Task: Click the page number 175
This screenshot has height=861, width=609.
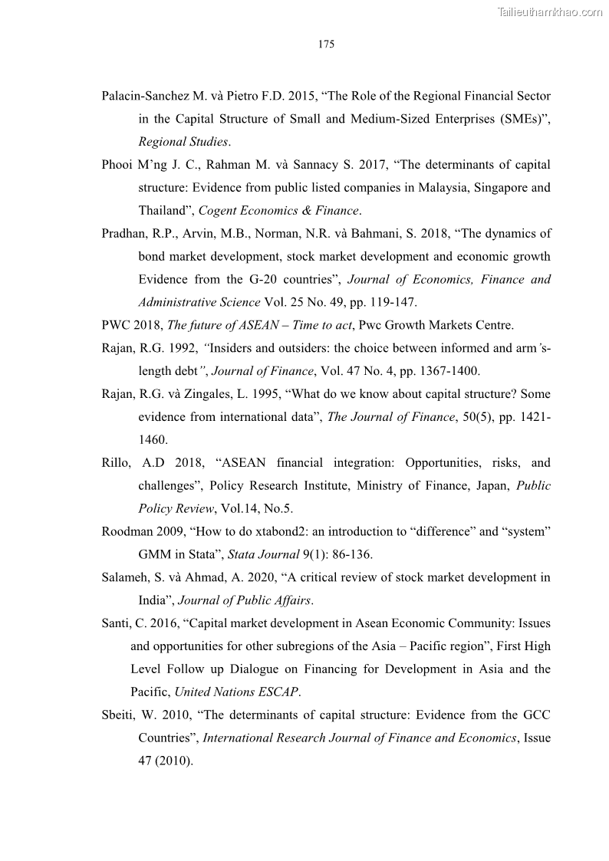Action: [326, 44]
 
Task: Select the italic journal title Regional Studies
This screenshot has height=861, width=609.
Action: [183, 142]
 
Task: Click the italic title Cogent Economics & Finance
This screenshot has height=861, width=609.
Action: [279, 211]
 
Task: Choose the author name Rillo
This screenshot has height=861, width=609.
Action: [117, 463]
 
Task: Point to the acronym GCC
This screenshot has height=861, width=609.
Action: [535, 715]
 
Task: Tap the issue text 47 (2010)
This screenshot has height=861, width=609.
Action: [164, 761]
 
